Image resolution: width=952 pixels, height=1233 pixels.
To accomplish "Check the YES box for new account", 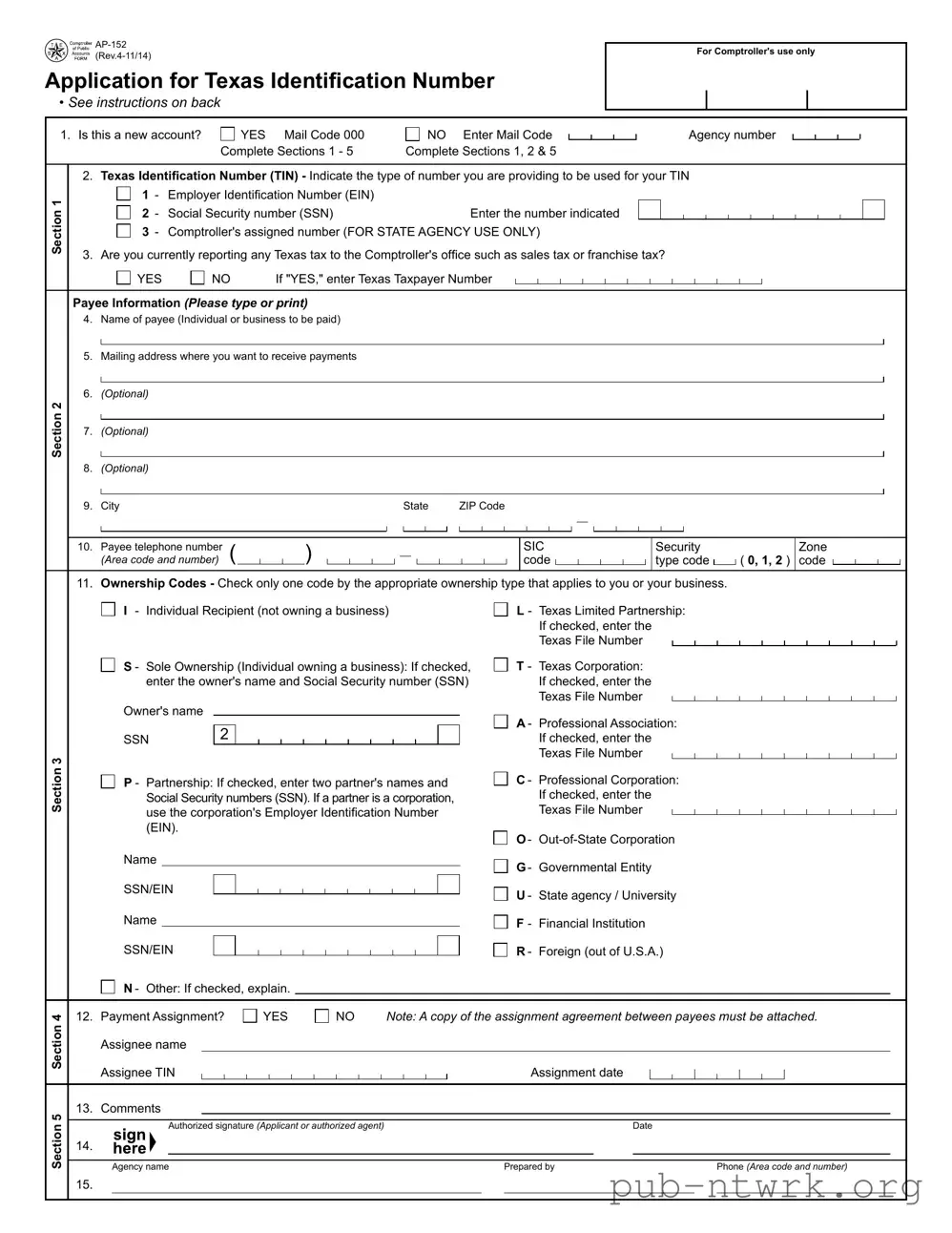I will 228,135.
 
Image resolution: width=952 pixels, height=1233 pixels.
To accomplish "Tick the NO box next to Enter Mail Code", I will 413,135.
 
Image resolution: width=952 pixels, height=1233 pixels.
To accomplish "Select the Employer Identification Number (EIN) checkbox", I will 123,194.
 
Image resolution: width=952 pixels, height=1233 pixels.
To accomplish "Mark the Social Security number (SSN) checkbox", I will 123,213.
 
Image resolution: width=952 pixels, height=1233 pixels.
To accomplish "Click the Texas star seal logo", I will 56,51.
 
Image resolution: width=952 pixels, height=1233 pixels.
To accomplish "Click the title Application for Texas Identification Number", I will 270,81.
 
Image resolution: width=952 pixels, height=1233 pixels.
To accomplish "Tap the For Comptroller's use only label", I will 755,52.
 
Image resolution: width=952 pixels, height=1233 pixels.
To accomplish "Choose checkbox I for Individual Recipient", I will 109,610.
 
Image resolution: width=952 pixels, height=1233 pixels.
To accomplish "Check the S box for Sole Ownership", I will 109,665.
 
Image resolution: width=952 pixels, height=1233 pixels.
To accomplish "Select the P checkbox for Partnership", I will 109,782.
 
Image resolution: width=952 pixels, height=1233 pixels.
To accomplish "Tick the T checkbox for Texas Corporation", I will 501,665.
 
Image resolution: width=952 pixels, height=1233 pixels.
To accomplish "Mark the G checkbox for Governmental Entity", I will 501,867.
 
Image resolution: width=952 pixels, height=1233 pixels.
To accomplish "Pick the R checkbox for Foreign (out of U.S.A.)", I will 501,951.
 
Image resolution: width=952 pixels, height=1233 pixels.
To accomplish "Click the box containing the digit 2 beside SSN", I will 224,734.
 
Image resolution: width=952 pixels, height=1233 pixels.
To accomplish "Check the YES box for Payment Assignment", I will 250,1016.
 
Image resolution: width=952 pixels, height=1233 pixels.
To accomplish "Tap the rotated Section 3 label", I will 57,784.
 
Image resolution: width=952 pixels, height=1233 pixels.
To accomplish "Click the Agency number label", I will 732,136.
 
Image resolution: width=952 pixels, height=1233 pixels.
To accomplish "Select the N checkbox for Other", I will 109,988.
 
